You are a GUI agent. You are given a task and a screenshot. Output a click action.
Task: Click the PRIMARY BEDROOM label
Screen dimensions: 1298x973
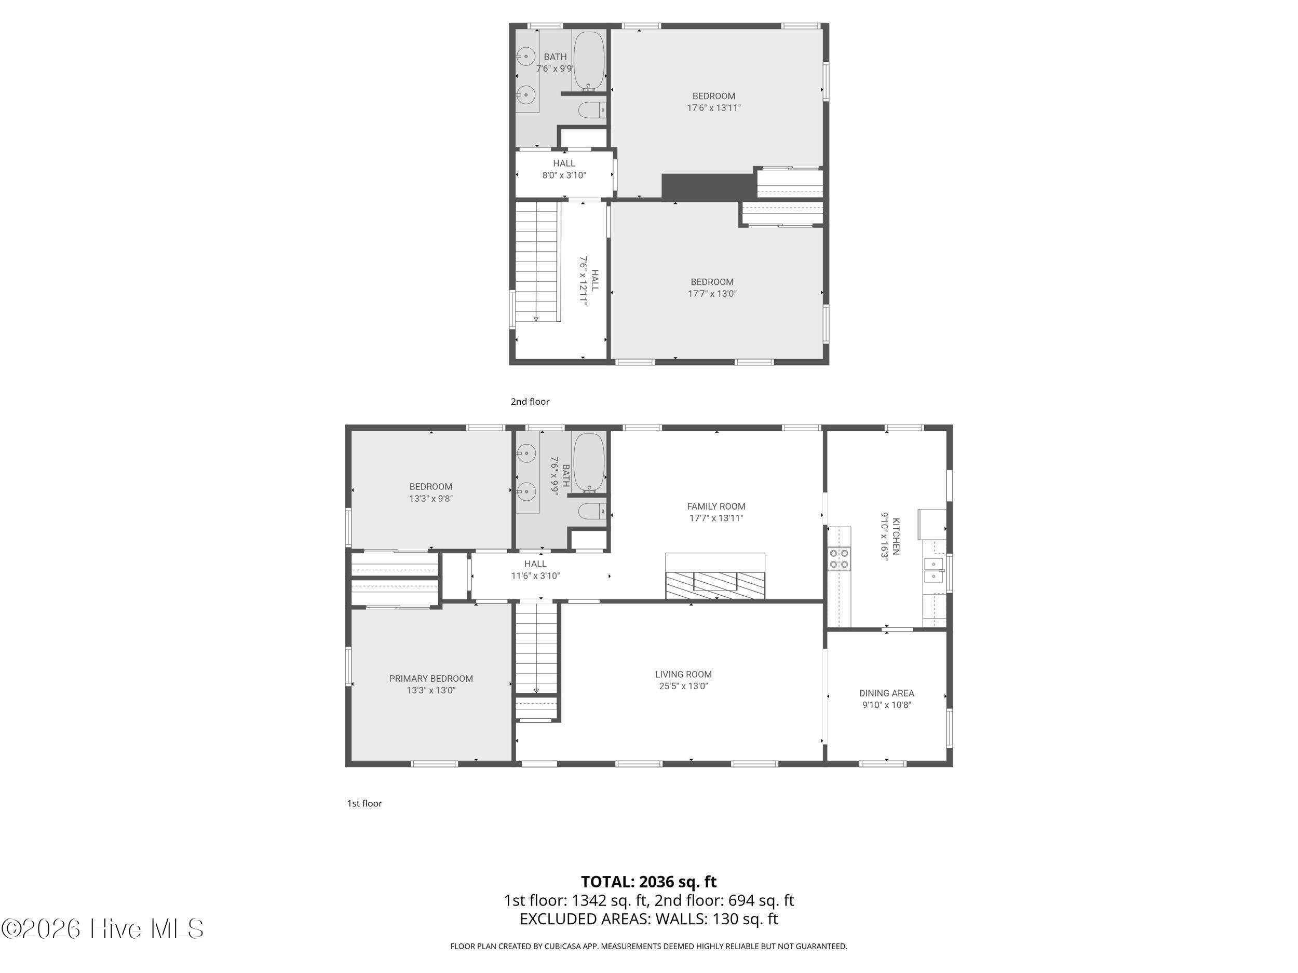click(x=431, y=679)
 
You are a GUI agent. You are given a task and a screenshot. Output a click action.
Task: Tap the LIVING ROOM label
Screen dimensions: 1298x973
click(x=684, y=675)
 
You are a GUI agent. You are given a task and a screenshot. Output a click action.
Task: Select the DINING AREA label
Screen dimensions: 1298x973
click(x=887, y=693)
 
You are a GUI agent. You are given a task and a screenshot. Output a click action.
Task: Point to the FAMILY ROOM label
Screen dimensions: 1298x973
click(x=716, y=506)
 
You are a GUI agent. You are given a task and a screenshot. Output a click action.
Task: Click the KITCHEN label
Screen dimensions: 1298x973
click(x=896, y=536)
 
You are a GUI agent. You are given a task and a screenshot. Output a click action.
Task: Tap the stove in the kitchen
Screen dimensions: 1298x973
click(x=839, y=558)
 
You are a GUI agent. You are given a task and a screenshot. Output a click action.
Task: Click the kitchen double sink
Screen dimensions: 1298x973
click(x=934, y=570)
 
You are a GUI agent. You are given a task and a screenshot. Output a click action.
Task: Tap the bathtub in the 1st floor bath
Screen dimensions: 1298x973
click(x=589, y=462)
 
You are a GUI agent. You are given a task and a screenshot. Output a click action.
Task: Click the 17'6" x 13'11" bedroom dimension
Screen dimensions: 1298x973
click(x=713, y=108)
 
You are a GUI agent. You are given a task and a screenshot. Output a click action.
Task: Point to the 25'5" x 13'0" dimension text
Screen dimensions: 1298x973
click(x=684, y=686)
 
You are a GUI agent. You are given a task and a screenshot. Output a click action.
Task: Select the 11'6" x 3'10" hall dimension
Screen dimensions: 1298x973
click(x=535, y=576)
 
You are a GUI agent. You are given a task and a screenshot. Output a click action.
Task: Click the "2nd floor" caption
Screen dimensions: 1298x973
click(x=530, y=402)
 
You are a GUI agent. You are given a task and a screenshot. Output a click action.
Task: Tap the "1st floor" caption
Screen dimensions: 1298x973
click(x=364, y=803)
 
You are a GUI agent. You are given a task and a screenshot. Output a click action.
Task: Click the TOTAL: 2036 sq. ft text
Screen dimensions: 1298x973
click(x=648, y=882)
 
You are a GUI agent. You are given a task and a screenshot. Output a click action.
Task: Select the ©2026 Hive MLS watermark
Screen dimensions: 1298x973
click(x=102, y=928)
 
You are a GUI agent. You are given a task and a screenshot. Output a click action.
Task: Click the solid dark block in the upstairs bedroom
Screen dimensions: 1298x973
click(x=709, y=186)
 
